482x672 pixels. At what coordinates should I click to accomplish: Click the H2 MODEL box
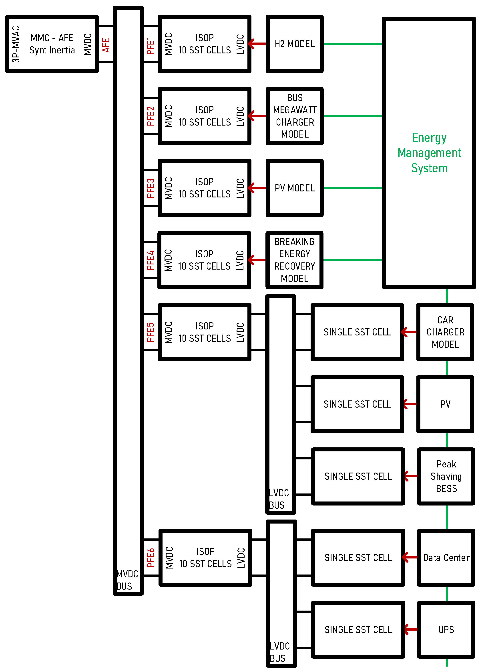pyautogui.click(x=294, y=44)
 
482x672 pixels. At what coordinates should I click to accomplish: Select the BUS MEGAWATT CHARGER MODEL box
pyautogui.click(x=294, y=116)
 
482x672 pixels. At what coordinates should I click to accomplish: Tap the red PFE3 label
pyautogui.click(x=150, y=188)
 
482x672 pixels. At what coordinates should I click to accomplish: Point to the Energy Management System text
pyautogui.click(x=429, y=153)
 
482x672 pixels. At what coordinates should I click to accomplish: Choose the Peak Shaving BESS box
pyautogui.click(x=446, y=476)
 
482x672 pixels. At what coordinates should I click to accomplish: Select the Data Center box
pyautogui.click(x=446, y=557)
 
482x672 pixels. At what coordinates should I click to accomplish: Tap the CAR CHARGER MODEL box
pyautogui.click(x=445, y=332)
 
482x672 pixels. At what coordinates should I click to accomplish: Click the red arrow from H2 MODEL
pyautogui.click(x=257, y=44)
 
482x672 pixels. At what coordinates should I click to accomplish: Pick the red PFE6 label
pyautogui.click(x=150, y=557)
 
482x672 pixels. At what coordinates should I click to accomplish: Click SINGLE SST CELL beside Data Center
pyautogui.click(x=358, y=557)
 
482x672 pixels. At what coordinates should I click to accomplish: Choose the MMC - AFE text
pyautogui.click(x=52, y=38)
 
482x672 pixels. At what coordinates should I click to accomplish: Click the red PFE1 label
pyautogui.click(x=150, y=45)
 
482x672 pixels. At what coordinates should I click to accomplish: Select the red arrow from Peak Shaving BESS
pyautogui.click(x=411, y=476)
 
